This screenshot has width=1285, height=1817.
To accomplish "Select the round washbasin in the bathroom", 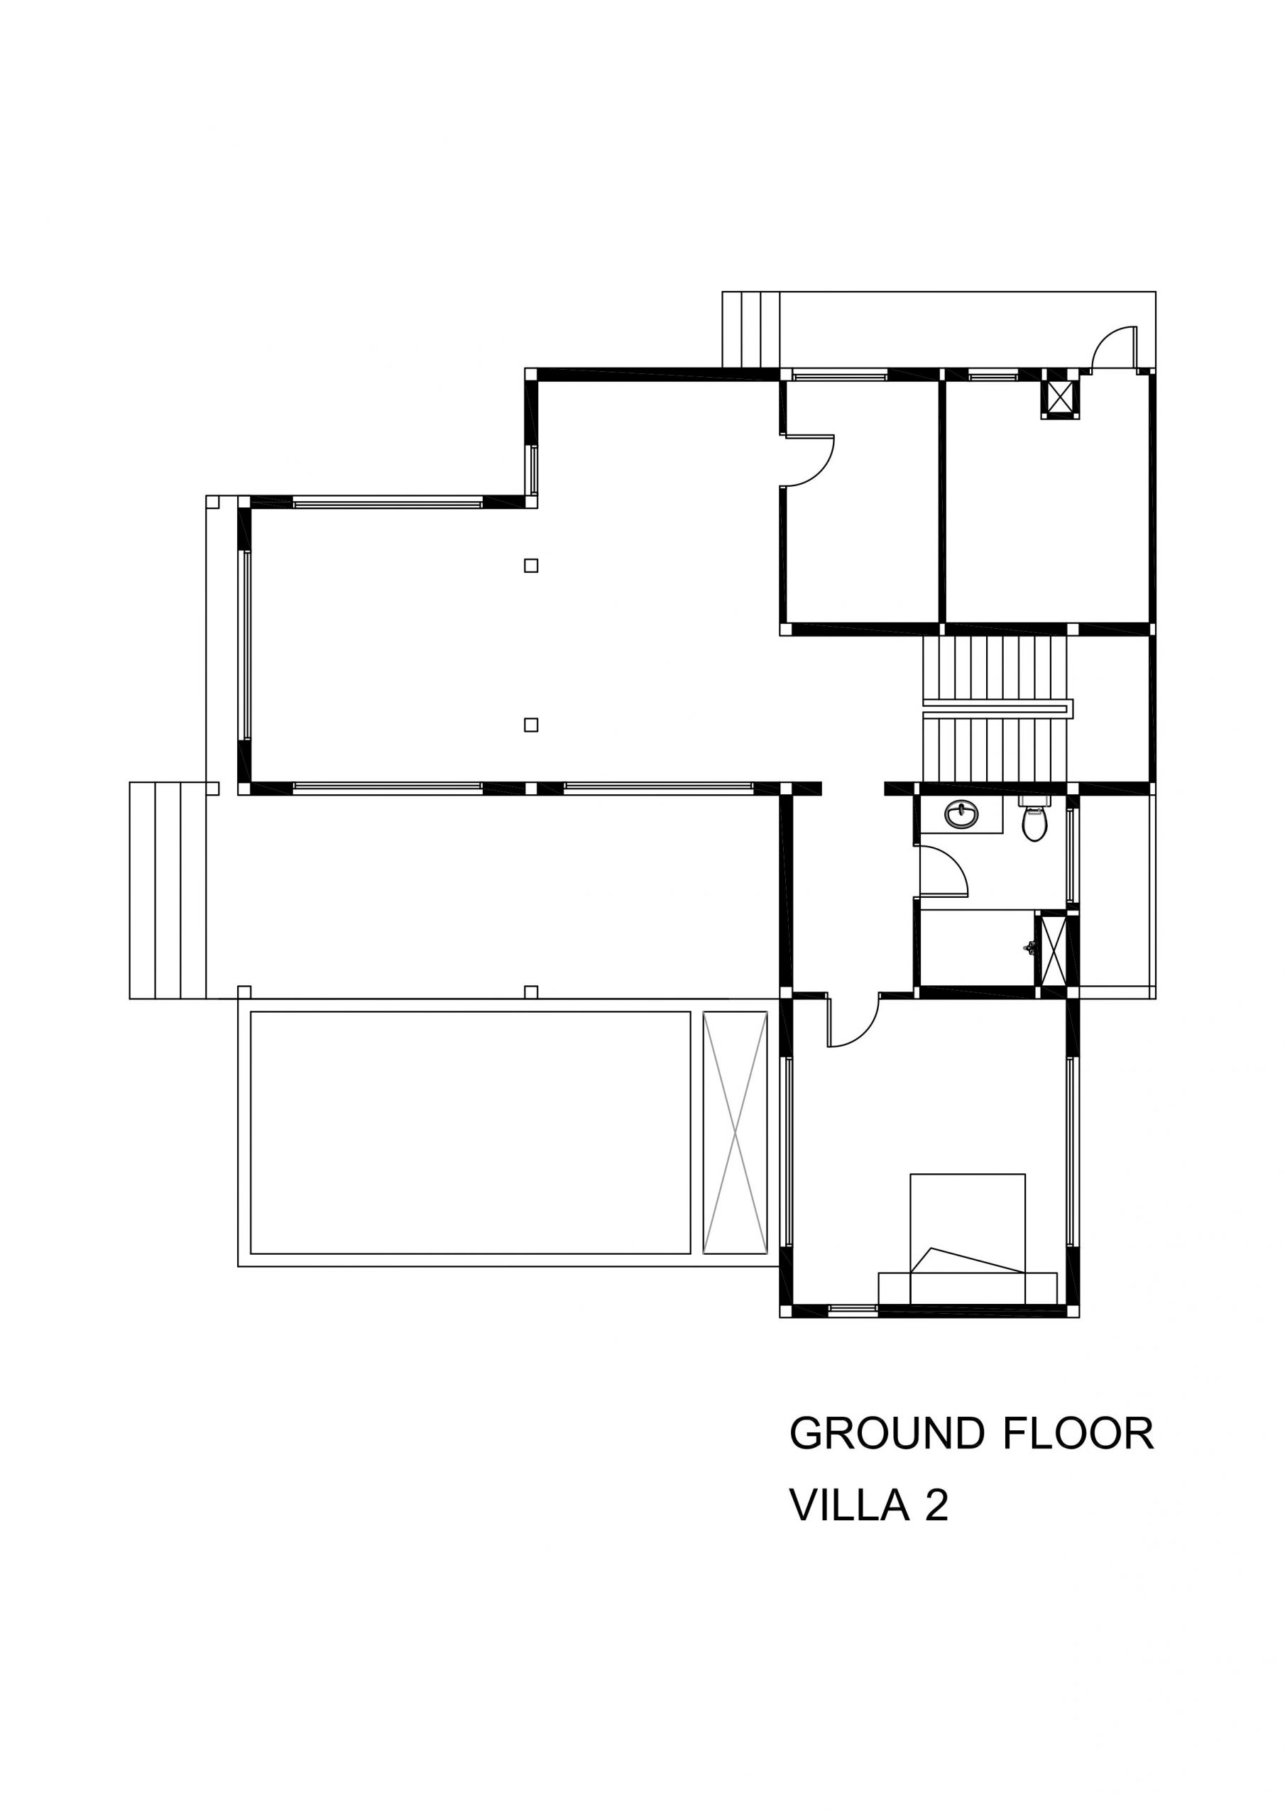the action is click(x=962, y=813).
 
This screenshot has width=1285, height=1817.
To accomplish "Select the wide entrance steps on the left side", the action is click(x=168, y=890).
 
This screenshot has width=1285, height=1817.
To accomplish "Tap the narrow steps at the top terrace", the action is click(x=751, y=330).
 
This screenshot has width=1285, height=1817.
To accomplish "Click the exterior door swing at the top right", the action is click(x=1115, y=348).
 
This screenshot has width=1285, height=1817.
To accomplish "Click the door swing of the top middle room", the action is click(x=809, y=460).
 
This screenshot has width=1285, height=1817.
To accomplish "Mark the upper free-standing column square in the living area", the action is click(x=531, y=565).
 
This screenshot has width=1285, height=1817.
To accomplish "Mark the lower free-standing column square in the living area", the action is click(x=531, y=724).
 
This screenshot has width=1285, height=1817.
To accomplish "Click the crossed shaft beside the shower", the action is click(x=1054, y=950).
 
